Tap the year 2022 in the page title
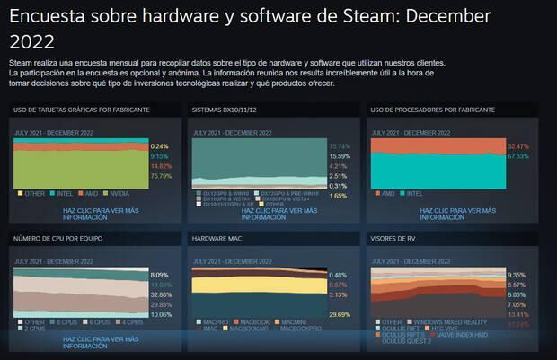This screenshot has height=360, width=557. pyautogui.click(x=32, y=41)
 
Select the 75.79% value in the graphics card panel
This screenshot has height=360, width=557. pyautogui.click(x=160, y=176)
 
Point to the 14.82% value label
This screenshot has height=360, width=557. pyautogui.click(x=160, y=166)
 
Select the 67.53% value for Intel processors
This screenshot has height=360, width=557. pyautogui.click(x=517, y=155)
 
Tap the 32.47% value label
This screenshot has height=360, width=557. pyautogui.click(x=517, y=145)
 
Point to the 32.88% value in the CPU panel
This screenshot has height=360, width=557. pyautogui.click(x=160, y=294)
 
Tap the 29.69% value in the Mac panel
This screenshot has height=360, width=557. pyautogui.click(x=338, y=315)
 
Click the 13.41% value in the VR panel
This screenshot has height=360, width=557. pyautogui.click(x=517, y=315)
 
